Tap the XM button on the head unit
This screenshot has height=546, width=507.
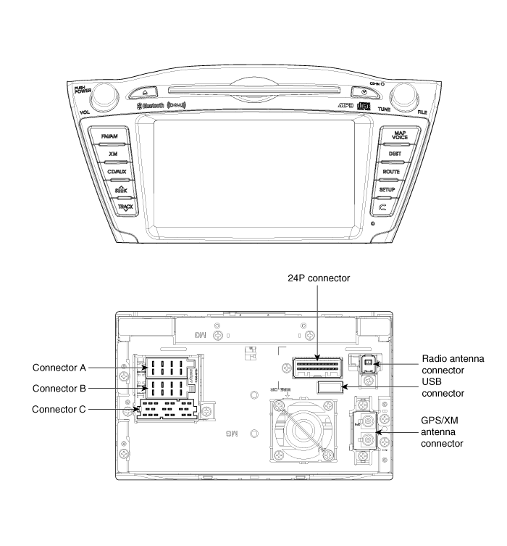click(x=113, y=154)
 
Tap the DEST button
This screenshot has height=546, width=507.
click(x=395, y=154)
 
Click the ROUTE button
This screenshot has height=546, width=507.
click(x=392, y=172)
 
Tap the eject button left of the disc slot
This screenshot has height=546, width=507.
click(x=146, y=93)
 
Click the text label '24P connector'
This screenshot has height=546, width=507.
click(x=319, y=278)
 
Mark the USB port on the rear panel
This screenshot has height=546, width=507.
click(x=330, y=388)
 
